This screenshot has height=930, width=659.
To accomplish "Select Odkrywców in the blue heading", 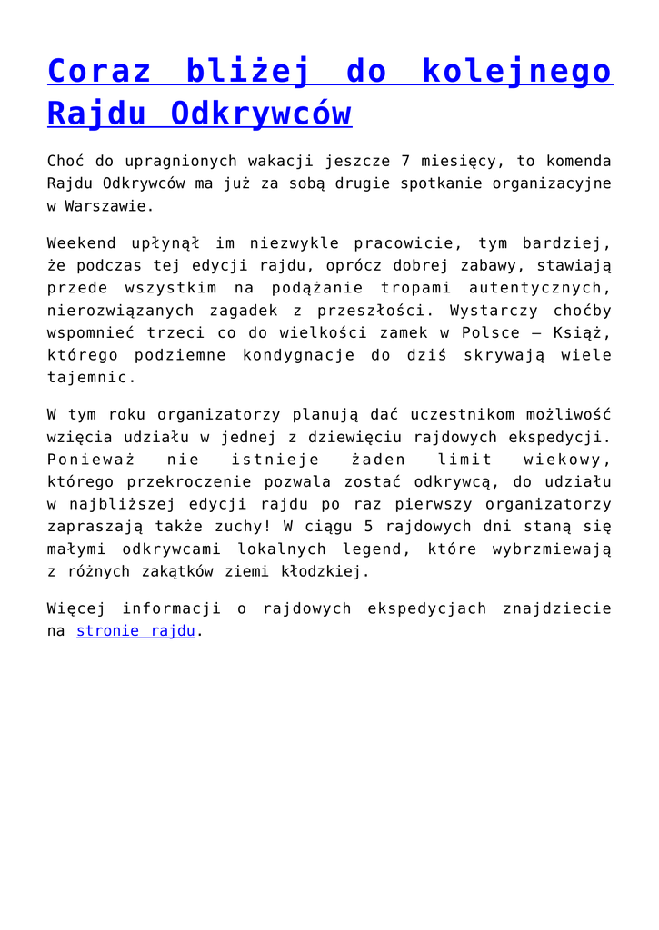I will pyautogui.click(x=261, y=114).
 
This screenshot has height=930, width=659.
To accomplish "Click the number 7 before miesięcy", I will pyautogui.click(x=405, y=162).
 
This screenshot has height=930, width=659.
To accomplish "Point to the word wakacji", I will pyautogui.click(x=277, y=162).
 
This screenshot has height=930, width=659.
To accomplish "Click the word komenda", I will pyautogui.click(x=577, y=162).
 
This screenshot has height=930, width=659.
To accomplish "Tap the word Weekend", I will pyautogui.click(x=81, y=243).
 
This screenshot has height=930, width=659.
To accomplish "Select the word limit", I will pyautogui.click(x=464, y=459).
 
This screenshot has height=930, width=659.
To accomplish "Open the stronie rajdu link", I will pyautogui.click(x=136, y=630).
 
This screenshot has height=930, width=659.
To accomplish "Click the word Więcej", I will pyautogui.click(x=76, y=608).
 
